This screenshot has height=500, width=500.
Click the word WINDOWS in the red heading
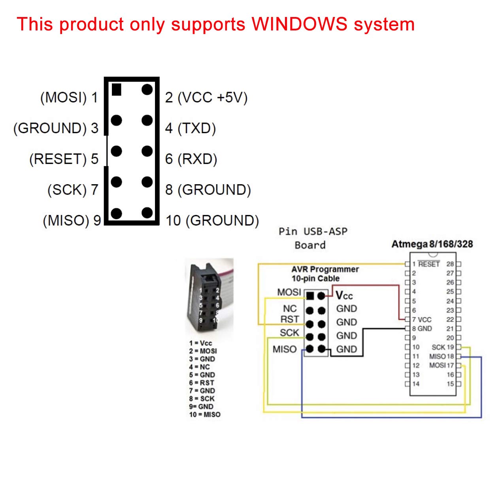pos(299,24)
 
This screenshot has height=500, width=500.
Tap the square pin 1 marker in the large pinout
pos(116,90)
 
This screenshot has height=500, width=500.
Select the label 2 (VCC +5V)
pos(206,97)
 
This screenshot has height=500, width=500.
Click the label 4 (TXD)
pos(190,128)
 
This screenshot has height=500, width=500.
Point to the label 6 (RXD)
pos(191,159)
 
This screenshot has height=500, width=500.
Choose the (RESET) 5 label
pos(64,159)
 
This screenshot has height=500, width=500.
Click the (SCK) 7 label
pos(73,190)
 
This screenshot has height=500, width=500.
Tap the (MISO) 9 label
pos(72,221)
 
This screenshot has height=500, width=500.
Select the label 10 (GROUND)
pos(212,221)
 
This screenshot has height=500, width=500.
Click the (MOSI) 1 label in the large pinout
pos(69,97)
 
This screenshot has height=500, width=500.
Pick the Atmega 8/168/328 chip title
pos(432,244)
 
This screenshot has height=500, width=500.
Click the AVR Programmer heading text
pos(325,269)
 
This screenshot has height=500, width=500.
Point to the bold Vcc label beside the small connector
pos(344,296)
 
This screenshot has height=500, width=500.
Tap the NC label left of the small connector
pos(289,309)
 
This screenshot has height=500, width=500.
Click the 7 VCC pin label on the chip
pos(422,319)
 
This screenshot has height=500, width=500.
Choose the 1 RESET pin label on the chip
pos(426,264)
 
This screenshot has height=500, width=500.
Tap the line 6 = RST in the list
pos(202,383)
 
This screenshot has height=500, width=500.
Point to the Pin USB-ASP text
pos(313,232)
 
